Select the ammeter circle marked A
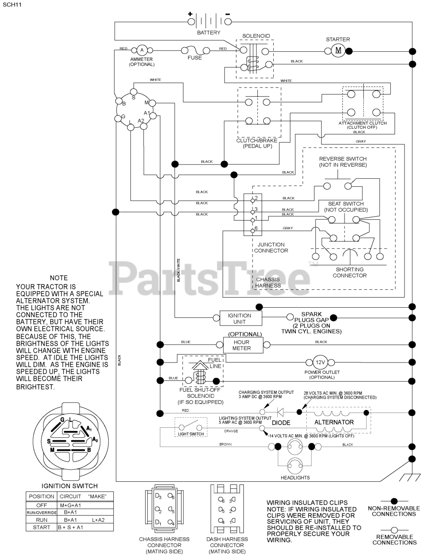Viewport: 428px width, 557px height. pos(141,51)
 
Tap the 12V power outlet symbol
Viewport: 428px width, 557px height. pos(320,362)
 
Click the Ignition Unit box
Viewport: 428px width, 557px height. pos(239,319)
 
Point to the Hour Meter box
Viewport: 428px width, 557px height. pos(242,345)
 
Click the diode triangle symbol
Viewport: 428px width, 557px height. pos(280,411)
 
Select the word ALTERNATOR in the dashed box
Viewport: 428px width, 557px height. pos(334,422)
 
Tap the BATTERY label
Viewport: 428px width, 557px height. pos(209,33)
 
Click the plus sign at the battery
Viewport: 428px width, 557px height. pos(190,14)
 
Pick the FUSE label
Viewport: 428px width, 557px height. pos(195,58)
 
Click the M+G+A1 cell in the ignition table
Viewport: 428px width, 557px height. pos(70,505)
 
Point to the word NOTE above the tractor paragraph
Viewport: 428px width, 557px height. pos(59,278)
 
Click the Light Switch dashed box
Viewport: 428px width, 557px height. pos(191,427)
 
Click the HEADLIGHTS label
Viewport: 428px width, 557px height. pos(295,477)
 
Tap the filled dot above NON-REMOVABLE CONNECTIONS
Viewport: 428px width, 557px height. pos(394,501)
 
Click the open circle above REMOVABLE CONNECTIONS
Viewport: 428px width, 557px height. pos(394,530)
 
